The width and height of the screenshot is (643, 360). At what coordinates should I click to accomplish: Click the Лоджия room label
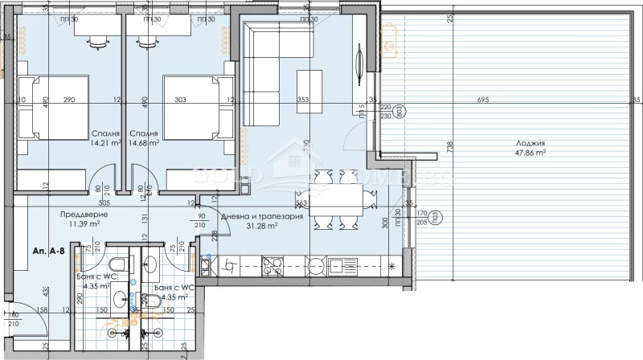click(530, 142)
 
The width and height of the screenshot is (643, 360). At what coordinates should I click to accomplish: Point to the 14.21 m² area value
click(106, 144)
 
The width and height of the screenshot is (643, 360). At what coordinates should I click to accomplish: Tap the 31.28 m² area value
click(262, 226)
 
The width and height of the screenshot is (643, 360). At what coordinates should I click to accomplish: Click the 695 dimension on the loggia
click(482, 100)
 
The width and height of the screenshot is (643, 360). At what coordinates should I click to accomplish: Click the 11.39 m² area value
click(83, 225)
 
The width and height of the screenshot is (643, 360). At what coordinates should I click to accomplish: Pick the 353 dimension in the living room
click(303, 100)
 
